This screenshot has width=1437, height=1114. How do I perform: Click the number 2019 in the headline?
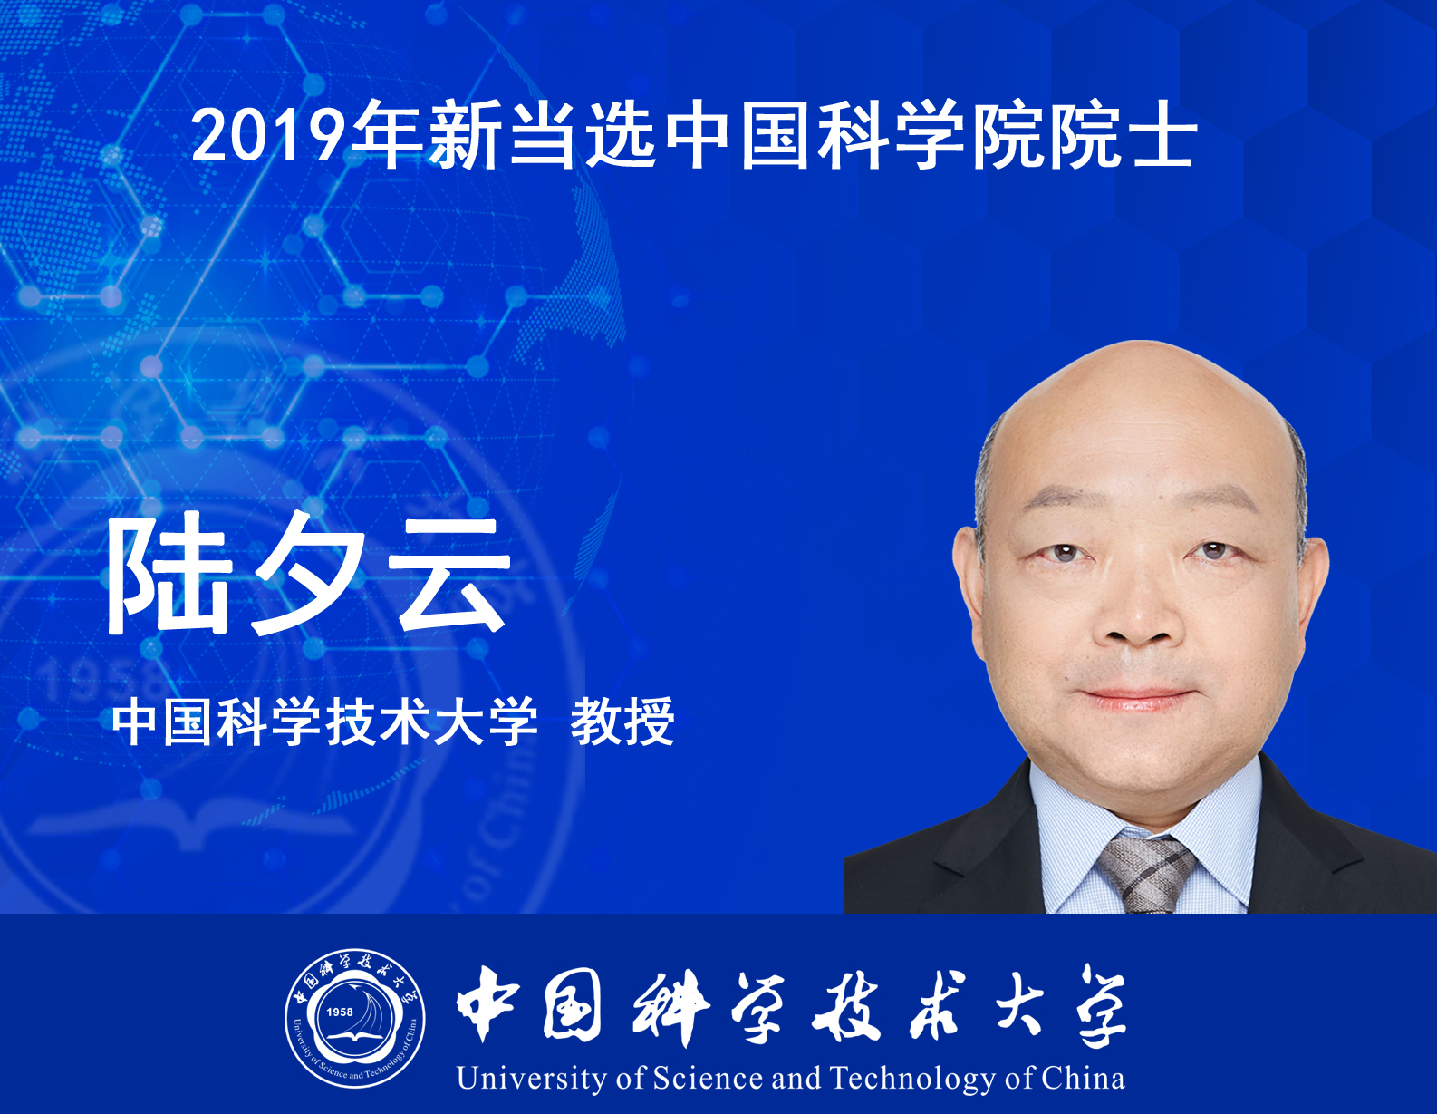[270, 135]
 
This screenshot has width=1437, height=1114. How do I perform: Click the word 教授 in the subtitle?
[622, 722]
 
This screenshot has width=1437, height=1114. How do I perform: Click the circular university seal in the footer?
[355, 1018]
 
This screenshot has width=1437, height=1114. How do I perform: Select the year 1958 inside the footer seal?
[339, 1012]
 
